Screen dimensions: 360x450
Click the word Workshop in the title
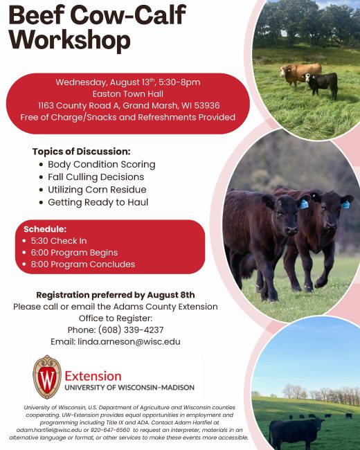coord(70,40)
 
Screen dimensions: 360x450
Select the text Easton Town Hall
coord(128,94)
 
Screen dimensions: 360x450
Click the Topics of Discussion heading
coord(81,151)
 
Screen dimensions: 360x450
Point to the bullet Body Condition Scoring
coord(101,165)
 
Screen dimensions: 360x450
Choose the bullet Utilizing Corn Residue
coord(97,190)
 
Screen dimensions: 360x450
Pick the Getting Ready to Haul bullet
coord(98,202)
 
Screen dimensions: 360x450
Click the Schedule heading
coord(45,229)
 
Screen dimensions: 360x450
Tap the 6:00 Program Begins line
coord(74,253)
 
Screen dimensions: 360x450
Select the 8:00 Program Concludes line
coord(82,264)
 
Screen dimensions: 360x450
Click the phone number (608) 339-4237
coord(131,330)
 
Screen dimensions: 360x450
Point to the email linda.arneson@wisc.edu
coord(129,342)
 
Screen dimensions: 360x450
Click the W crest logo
coord(47,377)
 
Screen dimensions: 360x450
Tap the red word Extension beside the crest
coord(93,376)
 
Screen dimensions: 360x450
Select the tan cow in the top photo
coord(300,74)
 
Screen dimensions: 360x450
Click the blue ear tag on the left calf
coord(304,204)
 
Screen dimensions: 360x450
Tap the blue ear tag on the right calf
coord(345,205)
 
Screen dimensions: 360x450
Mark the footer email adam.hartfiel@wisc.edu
coord(49,430)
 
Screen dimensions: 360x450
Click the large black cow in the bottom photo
coord(296,431)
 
